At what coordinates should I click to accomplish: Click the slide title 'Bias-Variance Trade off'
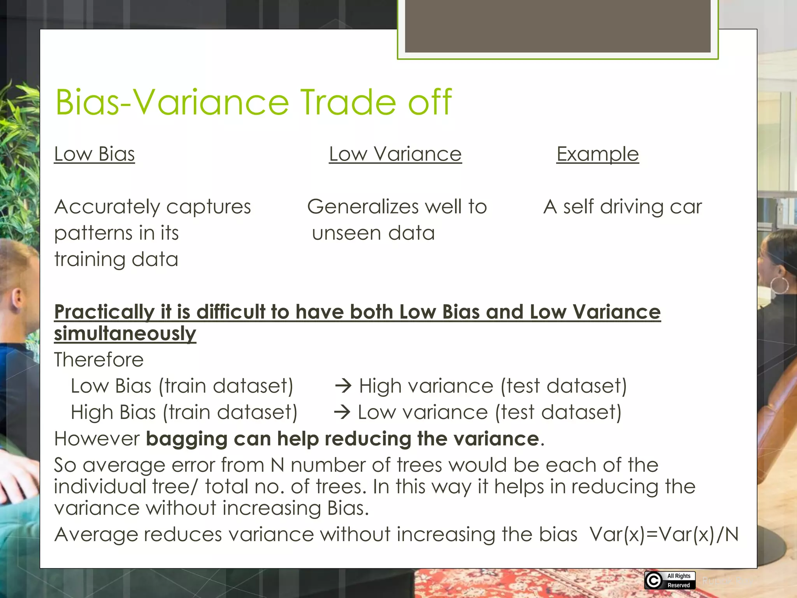click(x=253, y=102)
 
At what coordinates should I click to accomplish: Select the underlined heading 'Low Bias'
click(x=95, y=154)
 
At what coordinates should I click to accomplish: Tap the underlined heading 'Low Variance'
click(x=395, y=154)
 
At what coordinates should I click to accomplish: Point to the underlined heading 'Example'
click(x=597, y=154)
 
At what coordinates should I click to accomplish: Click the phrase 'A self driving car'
click(x=623, y=206)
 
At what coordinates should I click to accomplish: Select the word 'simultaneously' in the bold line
click(x=125, y=334)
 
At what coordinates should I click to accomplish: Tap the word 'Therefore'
click(x=99, y=359)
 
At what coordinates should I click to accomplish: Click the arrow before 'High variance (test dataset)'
click(x=343, y=386)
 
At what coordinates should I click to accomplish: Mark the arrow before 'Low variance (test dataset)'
click(x=342, y=412)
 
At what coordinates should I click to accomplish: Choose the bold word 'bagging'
click(x=186, y=439)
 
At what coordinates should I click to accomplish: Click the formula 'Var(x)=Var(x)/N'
click(x=664, y=534)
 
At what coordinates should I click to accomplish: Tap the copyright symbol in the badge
click(x=654, y=580)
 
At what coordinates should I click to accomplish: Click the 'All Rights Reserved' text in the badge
click(x=679, y=580)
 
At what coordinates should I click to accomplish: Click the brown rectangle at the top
click(x=557, y=26)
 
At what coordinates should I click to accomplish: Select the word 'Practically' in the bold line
click(x=104, y=312)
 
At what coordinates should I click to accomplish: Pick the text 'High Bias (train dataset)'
click(x=184, y=412)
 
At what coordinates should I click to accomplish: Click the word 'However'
click(x=97, y=439)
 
